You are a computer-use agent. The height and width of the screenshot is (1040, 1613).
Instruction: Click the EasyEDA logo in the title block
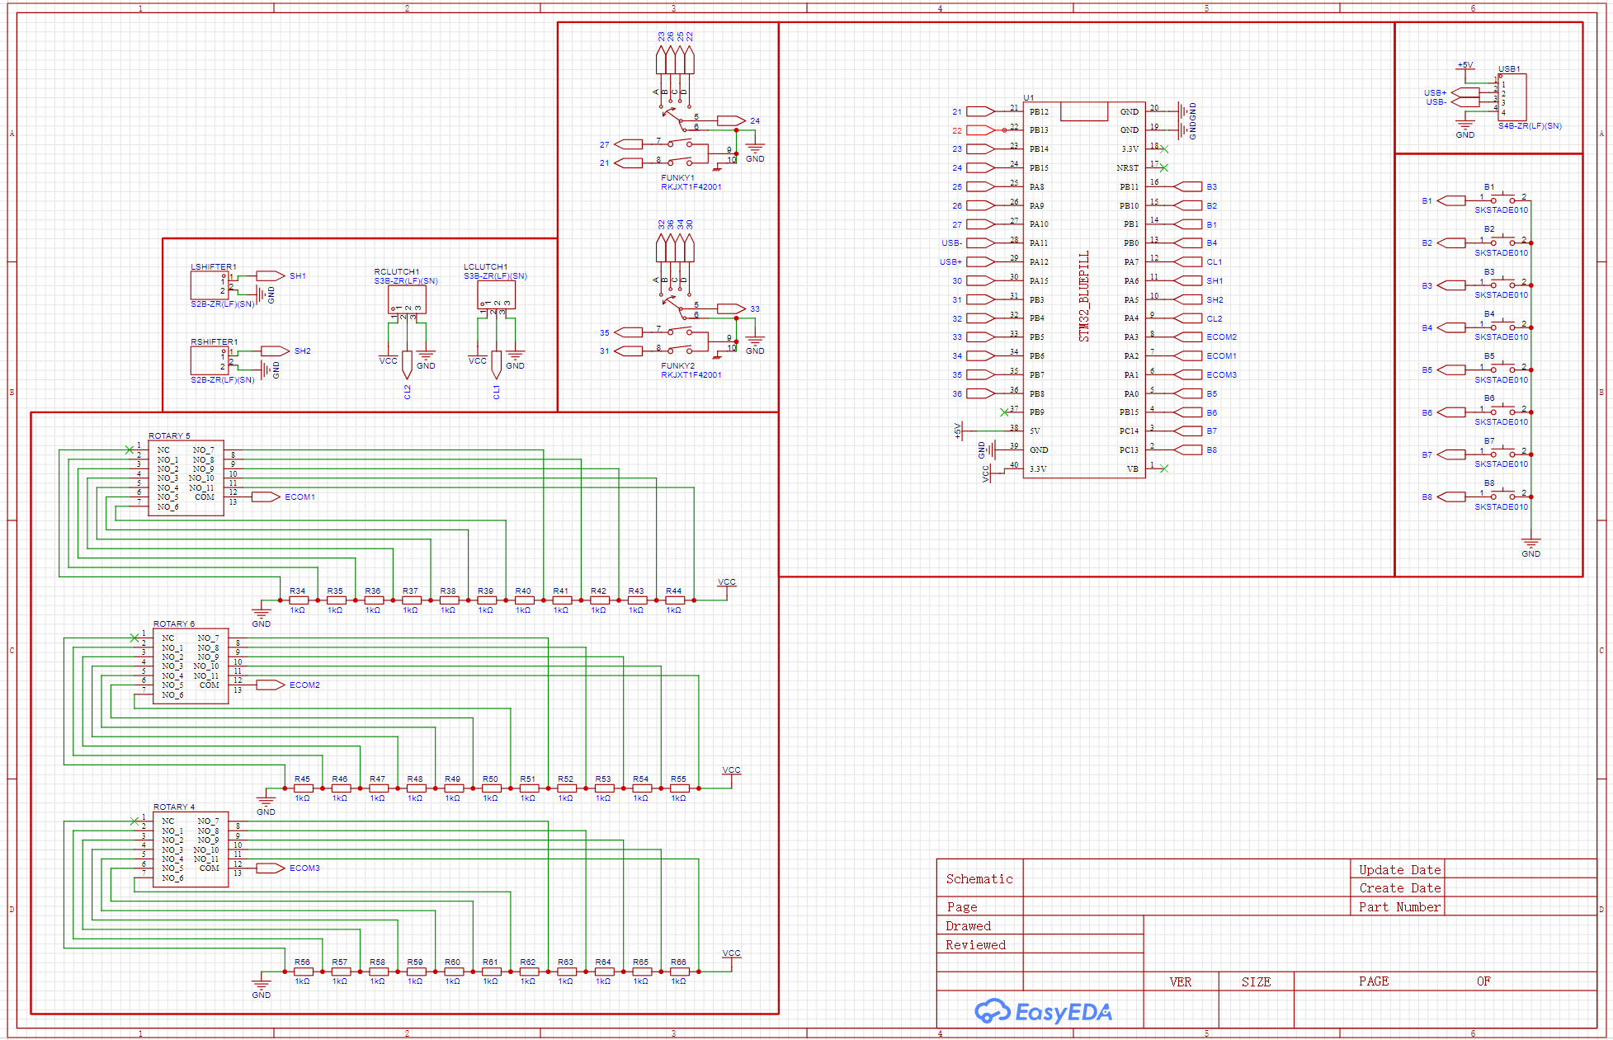[x=1043, y=1011]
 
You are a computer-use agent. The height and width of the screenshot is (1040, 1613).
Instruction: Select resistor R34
[x=298, y=600]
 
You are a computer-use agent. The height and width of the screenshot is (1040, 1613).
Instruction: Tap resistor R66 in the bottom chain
[x=678, y=972]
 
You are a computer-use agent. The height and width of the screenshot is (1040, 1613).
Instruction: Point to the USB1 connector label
[x=1509, y=69]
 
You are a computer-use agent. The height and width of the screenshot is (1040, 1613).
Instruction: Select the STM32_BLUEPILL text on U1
[x=1084, y=296]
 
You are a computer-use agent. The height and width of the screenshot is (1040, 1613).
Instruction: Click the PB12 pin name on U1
[x=1039, y=112]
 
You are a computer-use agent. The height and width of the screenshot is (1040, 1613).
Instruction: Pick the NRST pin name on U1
[x=1127, y=168]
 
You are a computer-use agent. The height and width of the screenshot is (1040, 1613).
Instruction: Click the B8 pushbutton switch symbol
[x=1502, y=496]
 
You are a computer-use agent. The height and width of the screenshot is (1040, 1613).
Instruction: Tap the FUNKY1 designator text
[x=677, y=178]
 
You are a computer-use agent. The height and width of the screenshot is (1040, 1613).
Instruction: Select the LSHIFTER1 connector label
[x=213, y=267]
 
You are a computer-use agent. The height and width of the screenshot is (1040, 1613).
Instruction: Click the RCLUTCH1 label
[x=396, y=272]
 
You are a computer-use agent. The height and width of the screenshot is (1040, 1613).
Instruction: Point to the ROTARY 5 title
[x=169, y=436]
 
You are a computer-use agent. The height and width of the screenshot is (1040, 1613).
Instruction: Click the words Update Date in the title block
[x=1399, y=870]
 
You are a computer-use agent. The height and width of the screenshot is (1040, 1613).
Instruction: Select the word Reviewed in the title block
[x=975, y=945]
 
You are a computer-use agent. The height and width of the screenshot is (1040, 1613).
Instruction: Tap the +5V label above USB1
[x=1464, y=65]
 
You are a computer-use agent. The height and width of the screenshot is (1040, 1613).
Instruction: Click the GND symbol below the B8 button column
[x=1530, y=545]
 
